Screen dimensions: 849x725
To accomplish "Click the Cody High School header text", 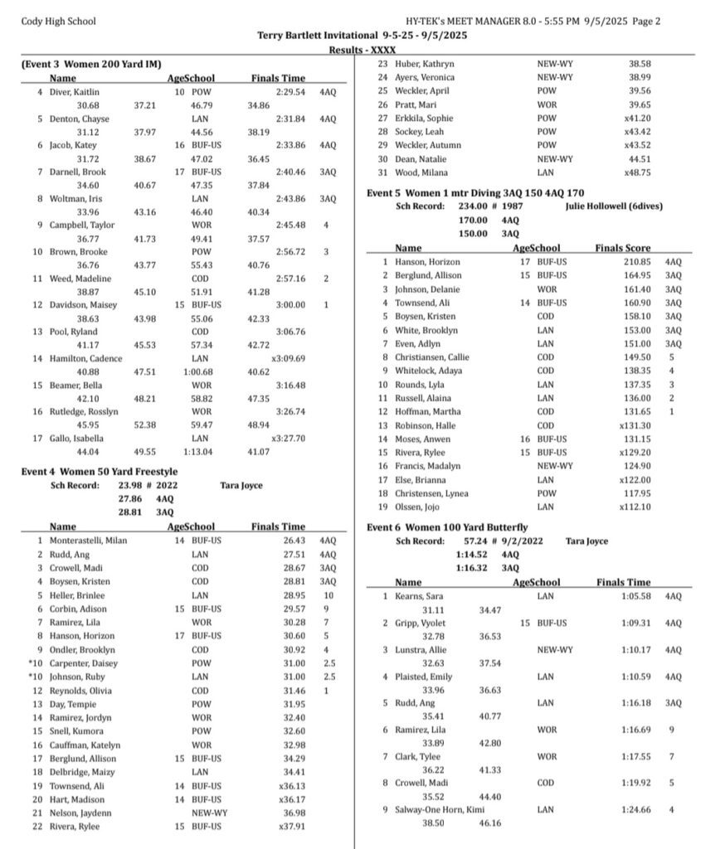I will [x=58, y=22].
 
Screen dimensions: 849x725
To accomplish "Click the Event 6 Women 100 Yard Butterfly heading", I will [x=447, y=527].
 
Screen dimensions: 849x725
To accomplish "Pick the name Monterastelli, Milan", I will [x=92, y=540].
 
